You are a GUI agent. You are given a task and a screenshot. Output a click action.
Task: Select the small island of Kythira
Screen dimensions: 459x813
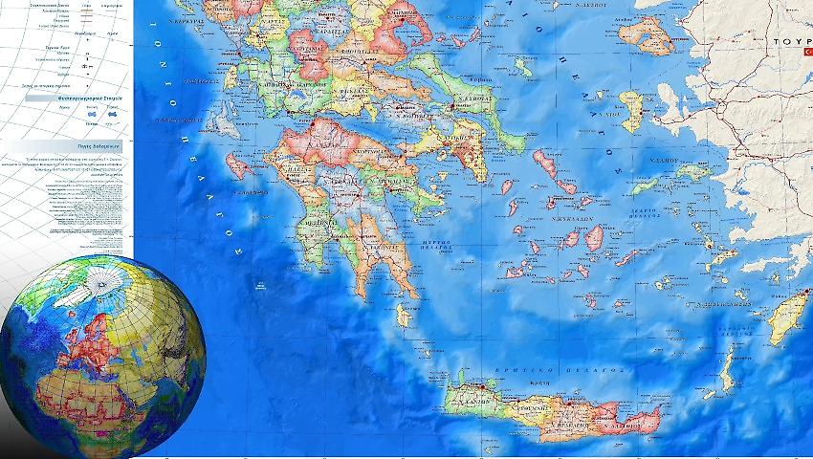405,315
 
